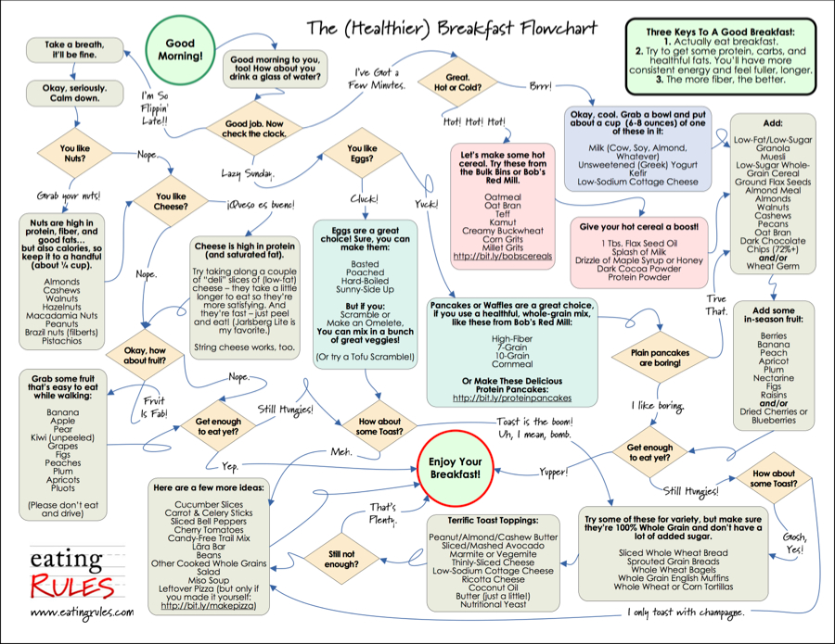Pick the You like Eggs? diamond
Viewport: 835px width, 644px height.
point(361,154)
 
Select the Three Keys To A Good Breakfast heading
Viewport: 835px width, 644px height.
point(720,32)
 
